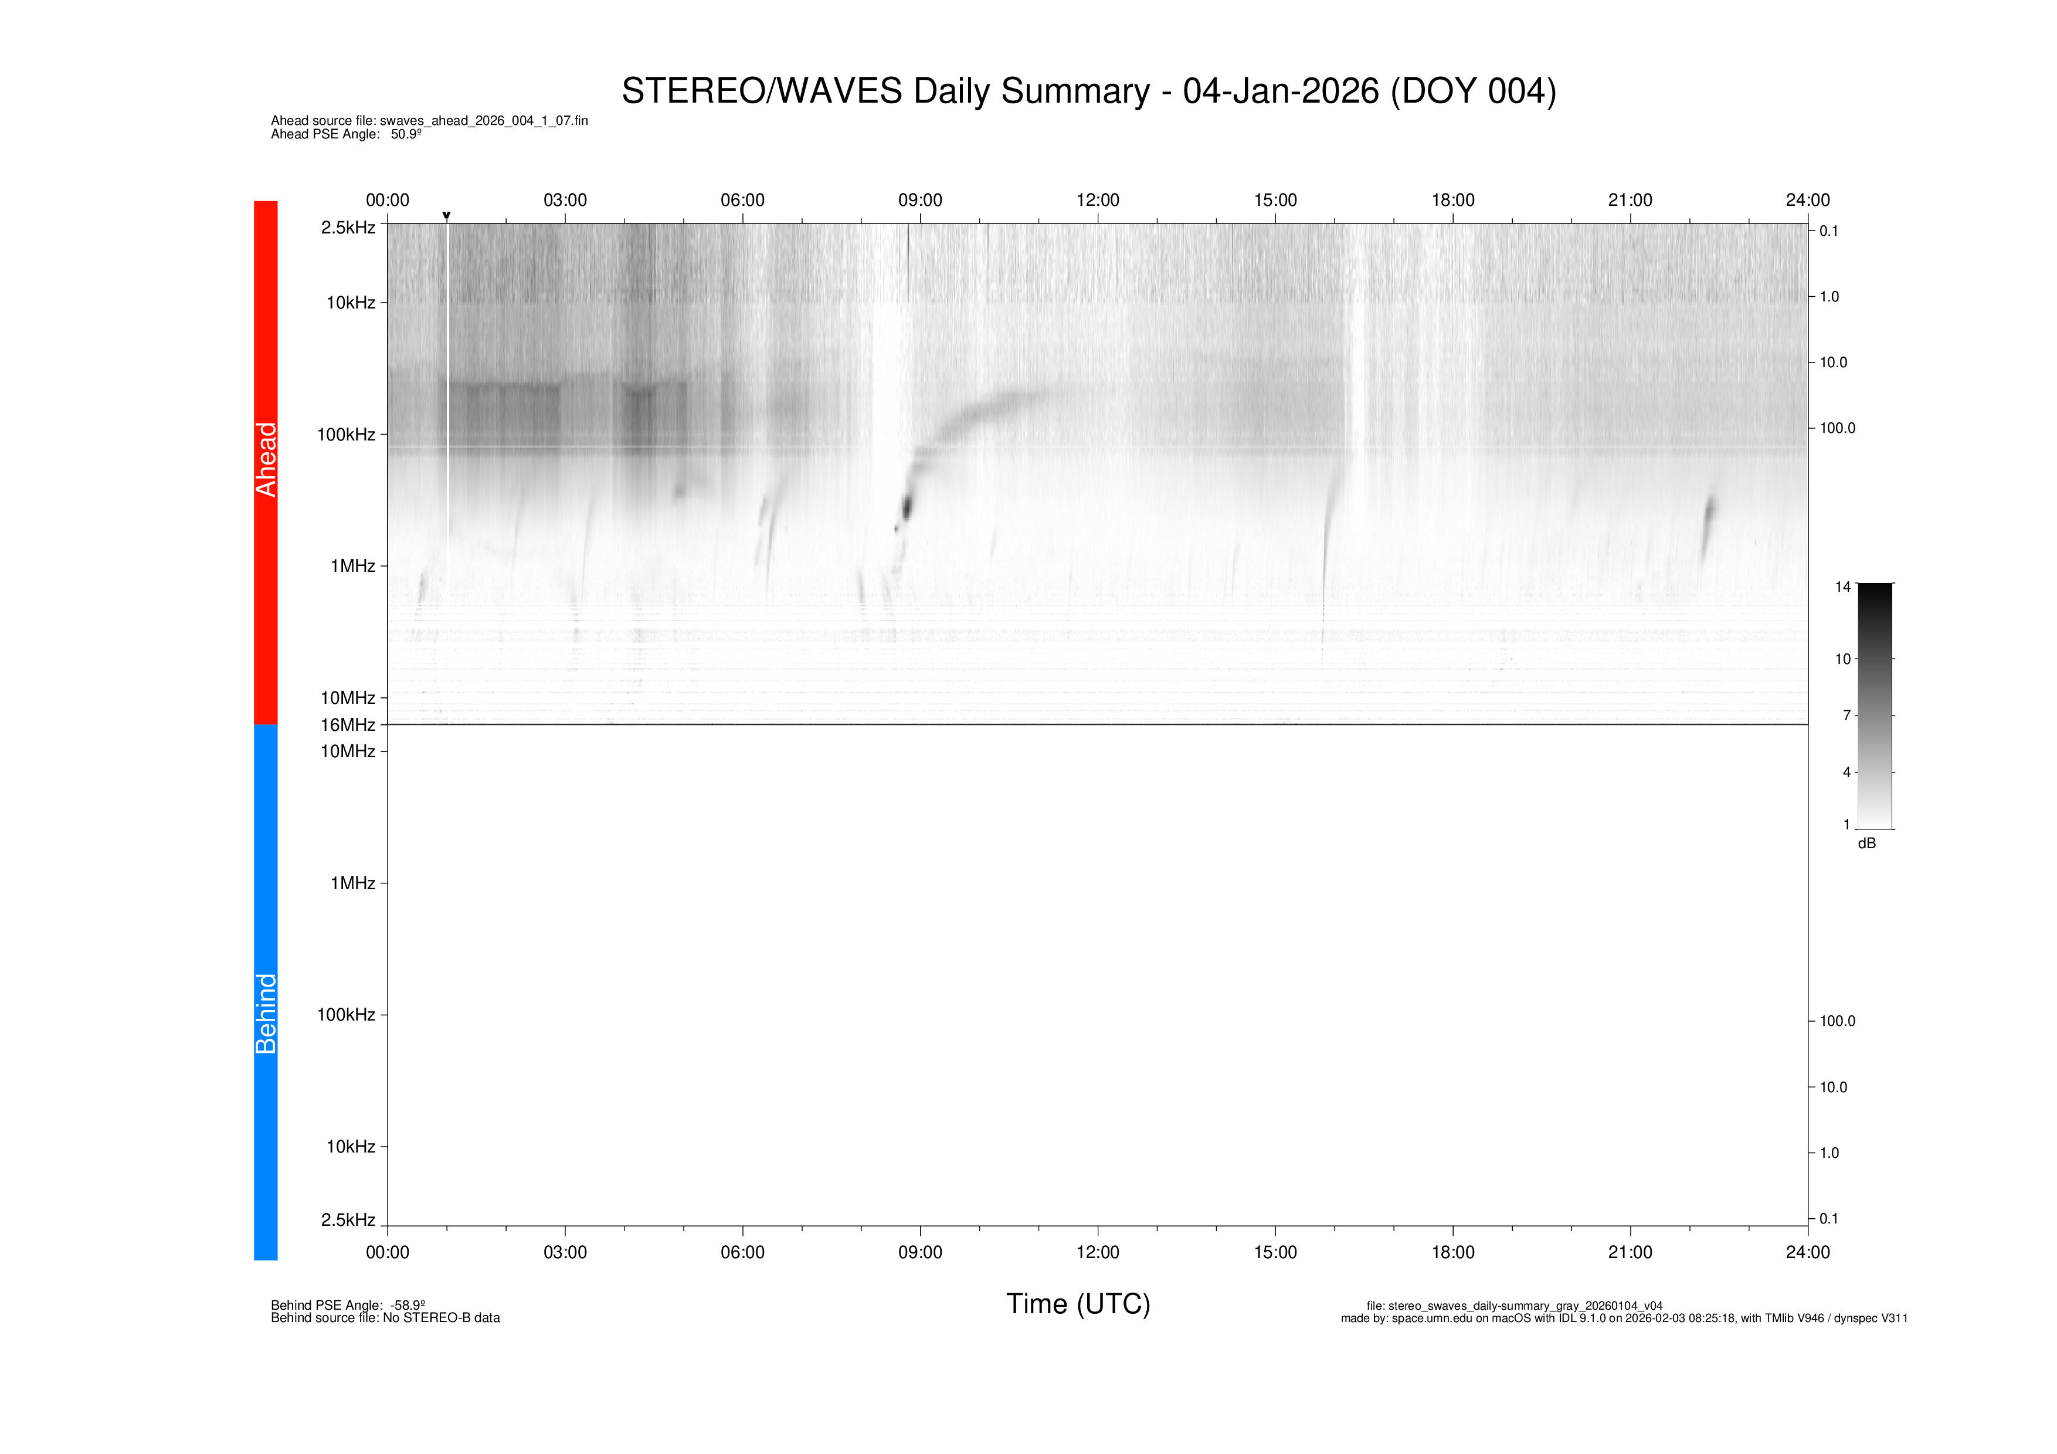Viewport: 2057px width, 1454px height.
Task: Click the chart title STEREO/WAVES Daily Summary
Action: point(1088,91)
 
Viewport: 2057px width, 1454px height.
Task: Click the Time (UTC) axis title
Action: point(1078,1303)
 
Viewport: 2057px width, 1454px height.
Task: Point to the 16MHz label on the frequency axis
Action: point(348,725)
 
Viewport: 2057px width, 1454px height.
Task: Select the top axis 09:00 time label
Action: point(920,200)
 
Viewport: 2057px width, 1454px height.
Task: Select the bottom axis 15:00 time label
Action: point(1275,1252)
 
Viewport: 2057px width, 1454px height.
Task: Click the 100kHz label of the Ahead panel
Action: point(346,435)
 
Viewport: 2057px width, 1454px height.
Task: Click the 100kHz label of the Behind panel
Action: point(346,1015)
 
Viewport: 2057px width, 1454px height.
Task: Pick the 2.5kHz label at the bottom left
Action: point(348,1220)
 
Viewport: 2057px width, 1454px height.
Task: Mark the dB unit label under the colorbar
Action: point(1866,844)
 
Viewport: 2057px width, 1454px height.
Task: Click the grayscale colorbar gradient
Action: point(1874,706)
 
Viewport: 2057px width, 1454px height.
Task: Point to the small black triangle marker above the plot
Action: point(446,216)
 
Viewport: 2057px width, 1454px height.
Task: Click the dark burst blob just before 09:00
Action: point(906,508)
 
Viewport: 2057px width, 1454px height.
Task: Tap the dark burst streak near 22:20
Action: point(1708,520)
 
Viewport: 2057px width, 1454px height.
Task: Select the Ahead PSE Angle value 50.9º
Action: point(406,134)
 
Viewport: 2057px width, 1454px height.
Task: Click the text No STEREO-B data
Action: point(441,1318)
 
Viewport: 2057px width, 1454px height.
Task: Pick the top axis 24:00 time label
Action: point(1807,200)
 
